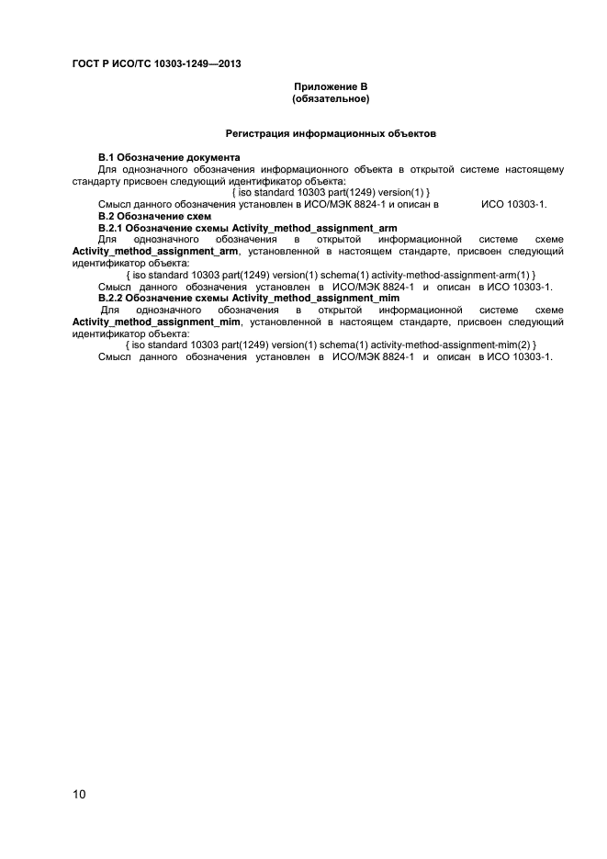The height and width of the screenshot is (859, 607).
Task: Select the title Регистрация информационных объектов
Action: click(331, 134)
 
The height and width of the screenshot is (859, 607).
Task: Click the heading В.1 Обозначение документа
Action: click(169, 158)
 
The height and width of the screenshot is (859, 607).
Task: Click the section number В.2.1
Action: click(110, 227)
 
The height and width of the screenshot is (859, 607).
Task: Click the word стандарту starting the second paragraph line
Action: click(96, 181)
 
